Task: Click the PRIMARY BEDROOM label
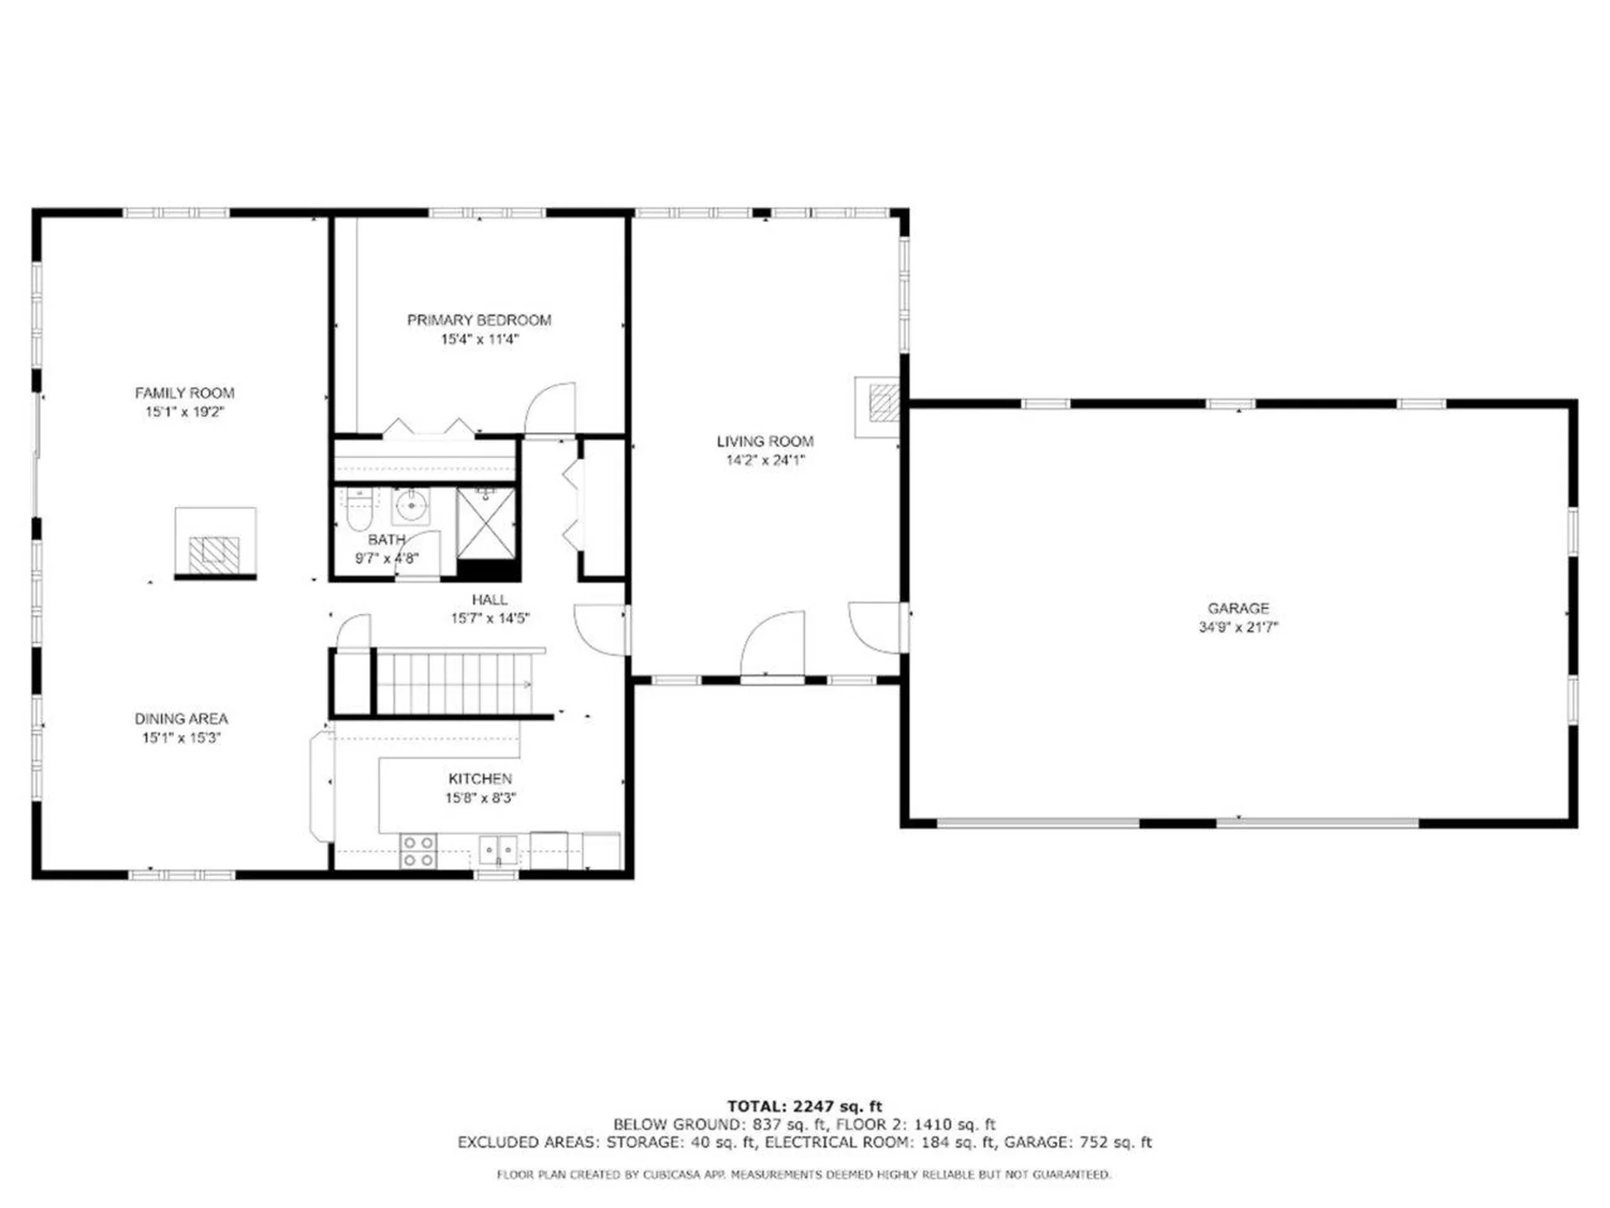pyautogui.click(x=479, y=320)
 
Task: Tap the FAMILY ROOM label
pyautogui.click(x=184, y=393)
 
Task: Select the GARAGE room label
pyautogui.click(x=1238, y=608)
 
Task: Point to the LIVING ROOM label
pyautogui.click(x=765, y=441)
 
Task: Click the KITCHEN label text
pyautogui.click(x=480, y=779)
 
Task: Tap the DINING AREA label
pyautogui.click(x=181, y=719)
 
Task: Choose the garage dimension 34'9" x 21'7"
pyautogui.click(x=1238, y=627)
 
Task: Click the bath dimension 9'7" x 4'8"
pyautogui.click(x=387, y=559)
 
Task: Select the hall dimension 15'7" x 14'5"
pyautogui.click(x=490, y=619)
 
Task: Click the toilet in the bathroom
pyautogui.click(x=358, y=509)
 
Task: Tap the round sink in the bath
pyautogui.click(x=411, y=506)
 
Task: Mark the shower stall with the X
pyautogui.click(x=486, y=523)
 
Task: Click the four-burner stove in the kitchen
pyautogui.click(x=418, y=851)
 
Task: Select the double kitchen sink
pyautogui.click(x=498, y=850)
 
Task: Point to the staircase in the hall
pyautogui.click(x=460, y=682)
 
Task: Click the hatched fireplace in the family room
pyautogui.click(x=215, y=554)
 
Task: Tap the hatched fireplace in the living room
pyautogui.click(x=884, y=403)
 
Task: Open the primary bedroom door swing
pyautogui.click(x=549, y=409)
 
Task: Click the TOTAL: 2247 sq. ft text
pyautogui.click(x=804, y=1106)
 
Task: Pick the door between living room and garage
pyautogui.click(x=878, y=627)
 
